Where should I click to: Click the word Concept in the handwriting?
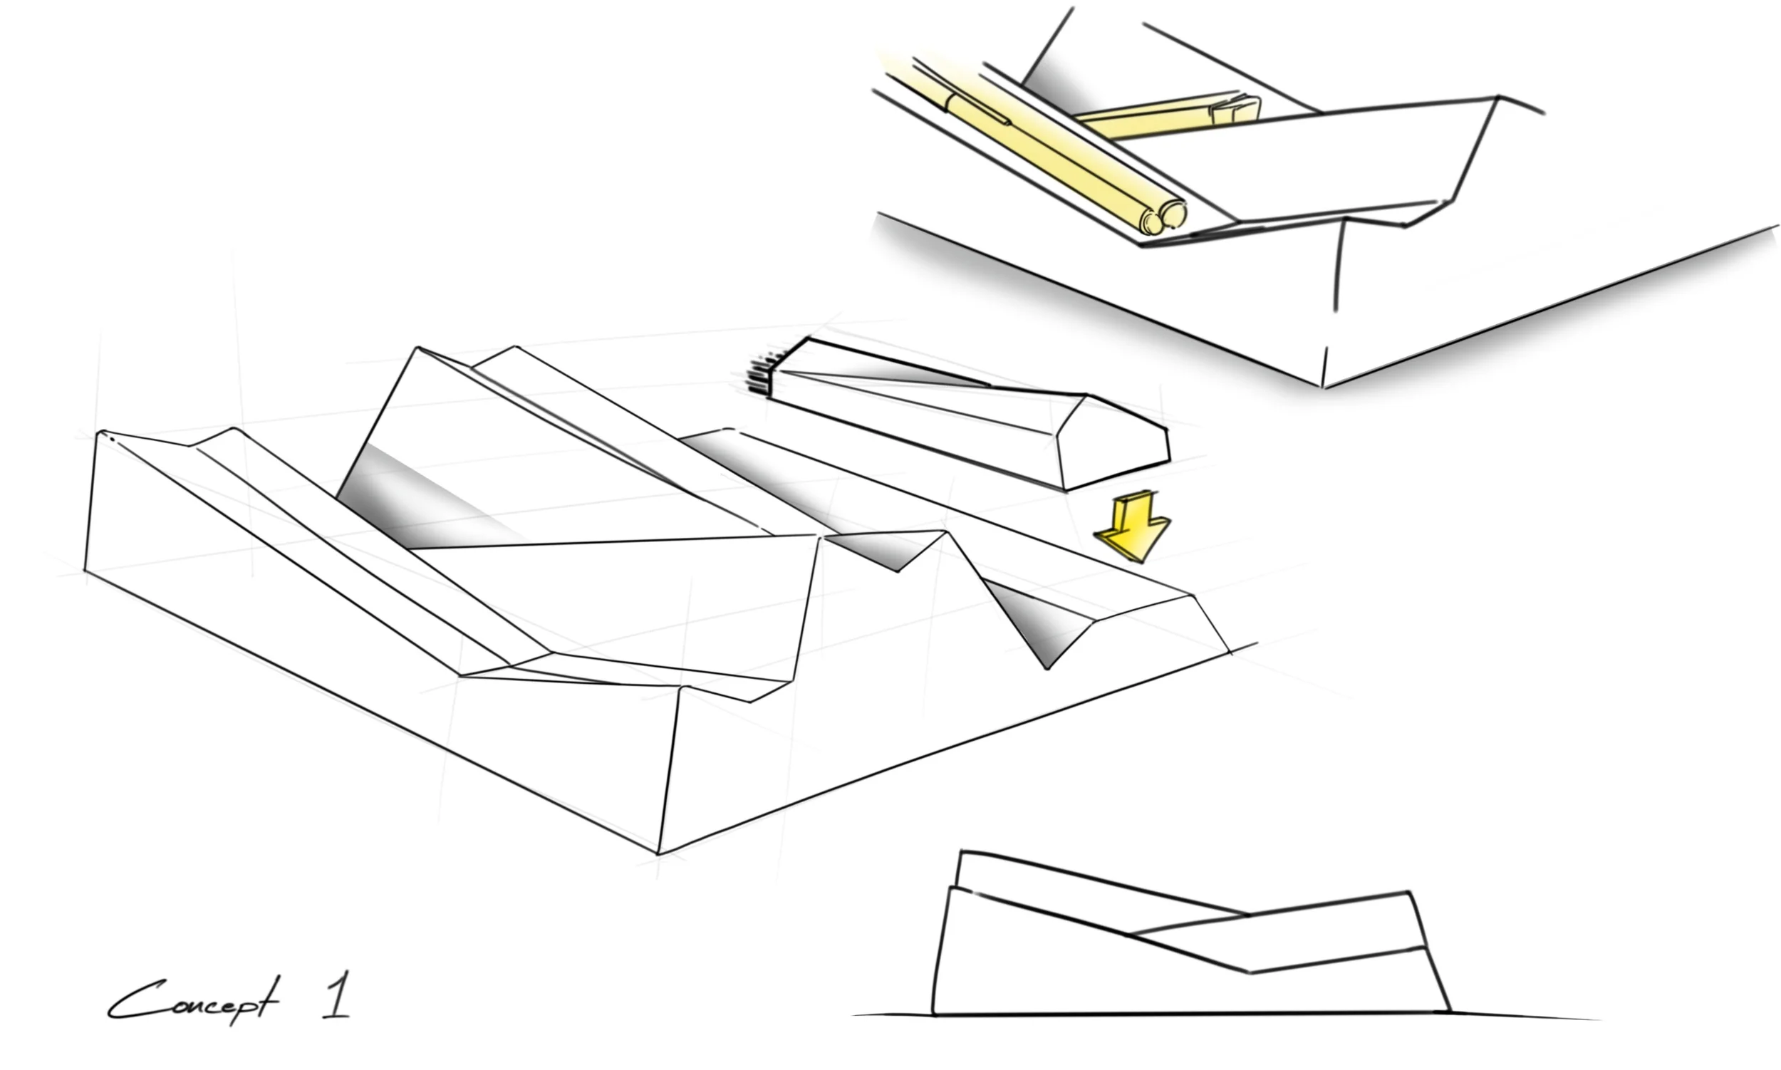[x=191, y=1001]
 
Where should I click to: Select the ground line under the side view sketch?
[x=1226, y=1014]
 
